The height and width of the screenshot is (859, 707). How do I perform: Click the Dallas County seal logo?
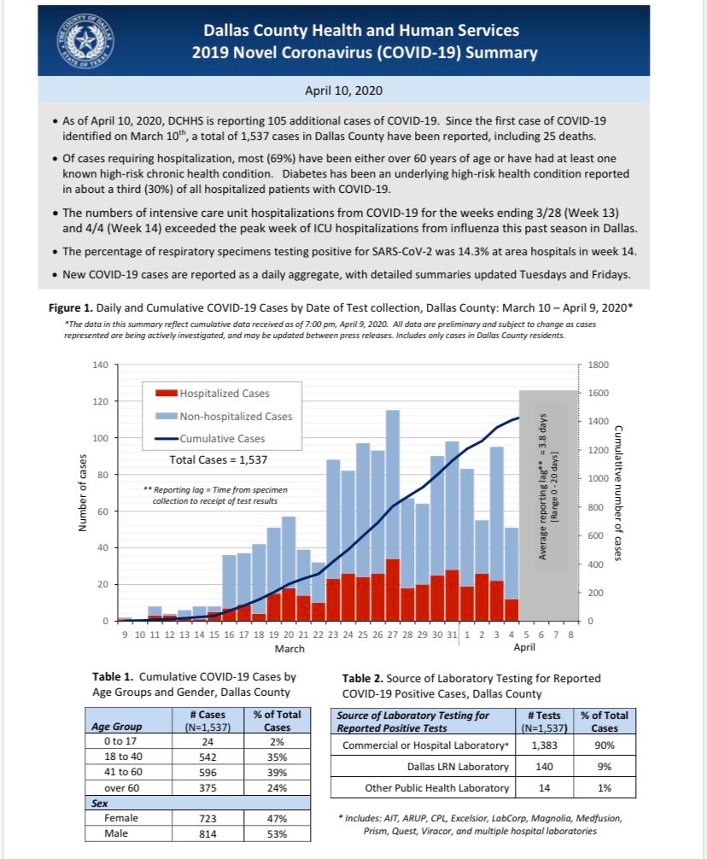click(85, 41)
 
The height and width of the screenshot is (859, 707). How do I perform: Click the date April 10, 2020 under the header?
click(343, 91)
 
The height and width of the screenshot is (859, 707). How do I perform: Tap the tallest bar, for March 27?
click(393, 516)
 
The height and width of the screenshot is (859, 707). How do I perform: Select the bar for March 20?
click(289, 569)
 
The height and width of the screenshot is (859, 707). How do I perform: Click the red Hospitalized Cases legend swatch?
click(167, 393)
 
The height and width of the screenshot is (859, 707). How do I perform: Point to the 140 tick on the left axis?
click(101, 365)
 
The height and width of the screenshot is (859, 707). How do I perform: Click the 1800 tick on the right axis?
click(598, 365)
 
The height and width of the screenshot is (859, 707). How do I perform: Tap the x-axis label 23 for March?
click(333, 634)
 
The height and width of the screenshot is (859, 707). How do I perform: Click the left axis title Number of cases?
click(83, 493)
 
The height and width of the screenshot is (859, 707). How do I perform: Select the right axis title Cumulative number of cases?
click(618, 493)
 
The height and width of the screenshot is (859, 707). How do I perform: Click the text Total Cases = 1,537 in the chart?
click(219, 459)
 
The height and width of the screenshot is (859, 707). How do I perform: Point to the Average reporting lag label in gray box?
click(543, 487)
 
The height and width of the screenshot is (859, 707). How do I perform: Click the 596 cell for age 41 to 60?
click(207, 773)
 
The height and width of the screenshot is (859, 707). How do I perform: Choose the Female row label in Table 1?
click(121, 818)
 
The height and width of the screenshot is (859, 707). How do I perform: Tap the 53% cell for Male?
click(278, 833)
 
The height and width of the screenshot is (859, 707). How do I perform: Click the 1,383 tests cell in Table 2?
click(545, 745)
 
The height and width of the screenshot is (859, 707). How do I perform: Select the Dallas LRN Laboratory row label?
click(458, 767)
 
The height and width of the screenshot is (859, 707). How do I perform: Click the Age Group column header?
click(117, 727)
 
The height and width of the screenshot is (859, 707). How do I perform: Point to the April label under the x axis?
click(524, 647)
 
